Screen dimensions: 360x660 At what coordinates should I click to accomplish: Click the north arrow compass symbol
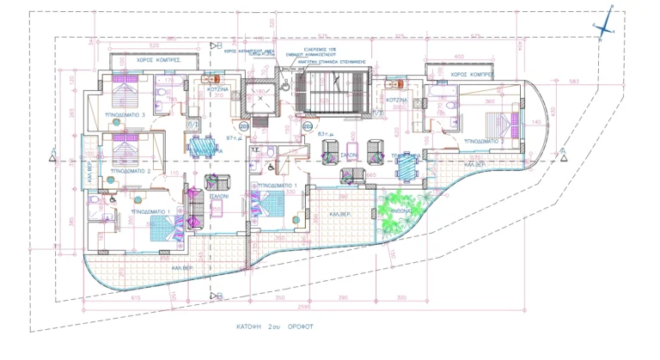pyautogui.click(x=605, y=27)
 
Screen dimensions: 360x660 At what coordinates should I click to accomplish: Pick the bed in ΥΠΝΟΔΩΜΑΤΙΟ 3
pyautogui.click(x=124, y=86)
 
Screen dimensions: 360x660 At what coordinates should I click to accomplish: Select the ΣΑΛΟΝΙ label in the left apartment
pyautogui.click(x=219, y=196)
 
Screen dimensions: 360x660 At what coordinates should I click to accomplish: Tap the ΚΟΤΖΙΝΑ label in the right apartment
pyautogui.click(x=395, y=101)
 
